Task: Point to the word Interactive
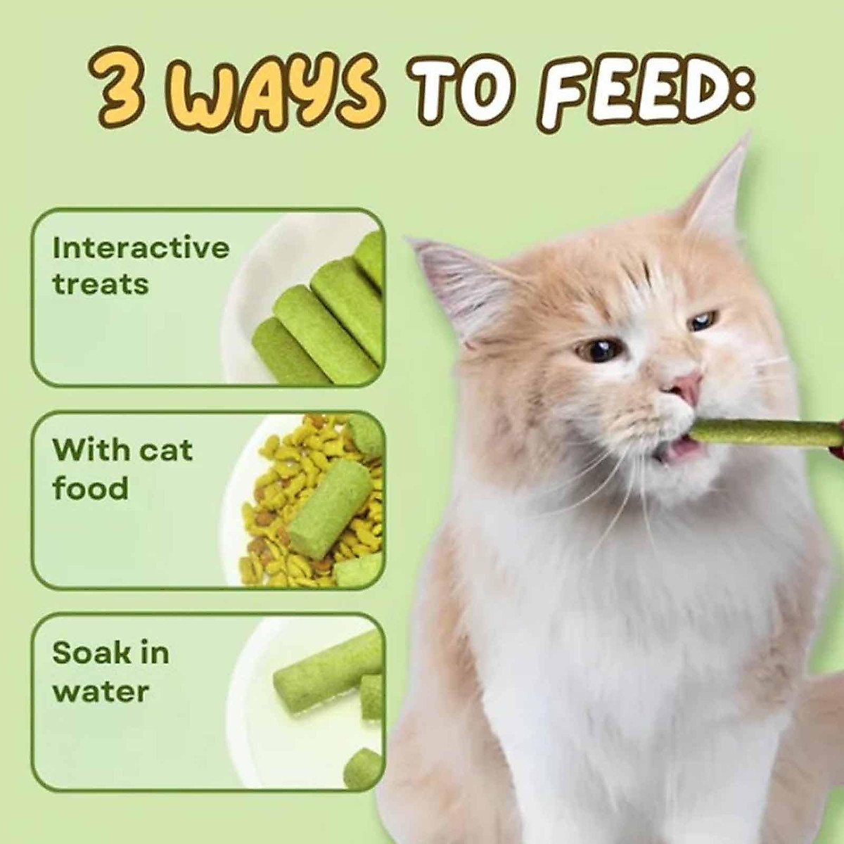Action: (x=141, y=248)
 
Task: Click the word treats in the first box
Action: (x=100, y=285)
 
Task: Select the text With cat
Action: (x=122, y=450)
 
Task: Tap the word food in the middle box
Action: (x=90, y=488)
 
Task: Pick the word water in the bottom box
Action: (x=100, y=691)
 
